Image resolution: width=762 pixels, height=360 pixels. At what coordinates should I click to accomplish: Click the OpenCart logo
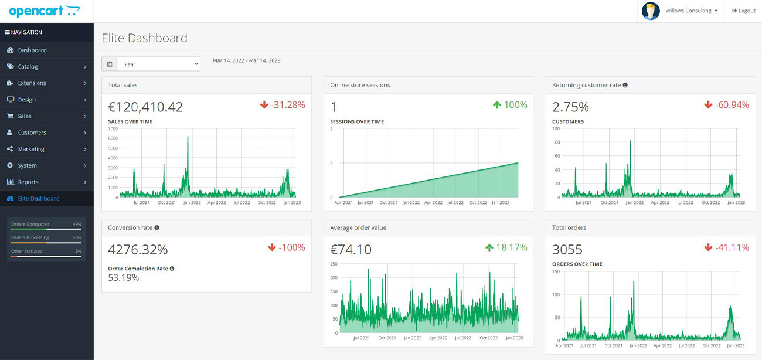coord(44,11)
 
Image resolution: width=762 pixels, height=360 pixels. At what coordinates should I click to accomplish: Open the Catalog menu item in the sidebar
coord(28,67)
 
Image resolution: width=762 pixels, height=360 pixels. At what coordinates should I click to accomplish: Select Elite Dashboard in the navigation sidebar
coord(38,198)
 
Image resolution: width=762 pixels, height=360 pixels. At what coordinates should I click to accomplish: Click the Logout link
coord(744,11)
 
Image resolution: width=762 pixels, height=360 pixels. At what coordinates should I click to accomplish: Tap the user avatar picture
coord(651,11)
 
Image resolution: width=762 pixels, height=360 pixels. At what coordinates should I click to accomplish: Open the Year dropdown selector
coord(158,64)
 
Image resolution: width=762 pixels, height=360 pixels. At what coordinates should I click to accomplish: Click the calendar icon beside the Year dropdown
coord(110,64)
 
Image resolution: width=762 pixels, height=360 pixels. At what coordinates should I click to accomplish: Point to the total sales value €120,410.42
coord(145,107)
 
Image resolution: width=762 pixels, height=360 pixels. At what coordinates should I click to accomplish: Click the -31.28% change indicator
coord(283,105)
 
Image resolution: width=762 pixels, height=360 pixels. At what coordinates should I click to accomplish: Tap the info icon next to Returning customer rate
coord(625,85)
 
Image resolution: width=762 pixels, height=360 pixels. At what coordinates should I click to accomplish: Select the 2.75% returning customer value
coord(570,107)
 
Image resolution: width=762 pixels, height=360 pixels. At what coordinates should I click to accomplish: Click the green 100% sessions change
coord(509,105)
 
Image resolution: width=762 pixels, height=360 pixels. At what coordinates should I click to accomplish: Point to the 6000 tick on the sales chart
coord(113,138)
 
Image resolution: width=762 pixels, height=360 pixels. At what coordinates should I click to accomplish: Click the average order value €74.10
coord(351,250)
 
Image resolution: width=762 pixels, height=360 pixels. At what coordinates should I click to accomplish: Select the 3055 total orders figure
coord(567,250)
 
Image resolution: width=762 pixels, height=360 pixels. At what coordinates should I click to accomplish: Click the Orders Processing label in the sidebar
coord(30,237)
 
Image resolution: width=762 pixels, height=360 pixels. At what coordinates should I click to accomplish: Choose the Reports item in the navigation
coord(28,182)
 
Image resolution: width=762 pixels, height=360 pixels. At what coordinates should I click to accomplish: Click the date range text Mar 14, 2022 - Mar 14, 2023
coord(246,60)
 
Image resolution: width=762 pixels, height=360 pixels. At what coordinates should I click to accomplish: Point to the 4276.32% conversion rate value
coord(138,250)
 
